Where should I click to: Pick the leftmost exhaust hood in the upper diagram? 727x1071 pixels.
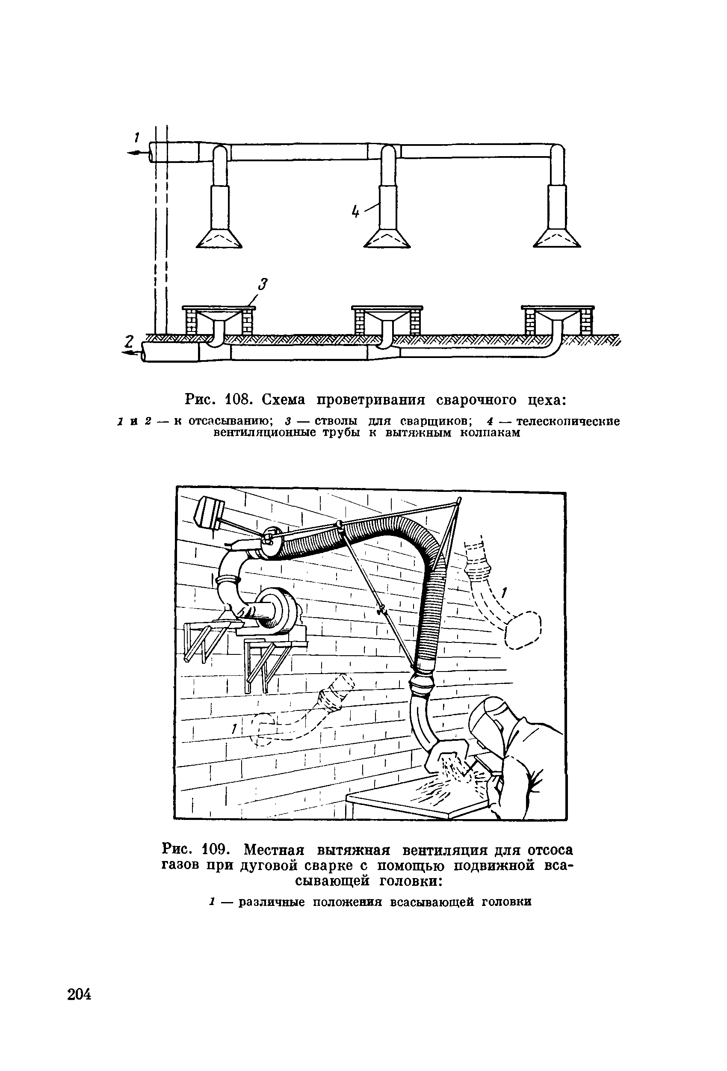click(x=219, y=239)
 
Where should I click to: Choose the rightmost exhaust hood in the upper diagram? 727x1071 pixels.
click(x=557, y=239)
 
